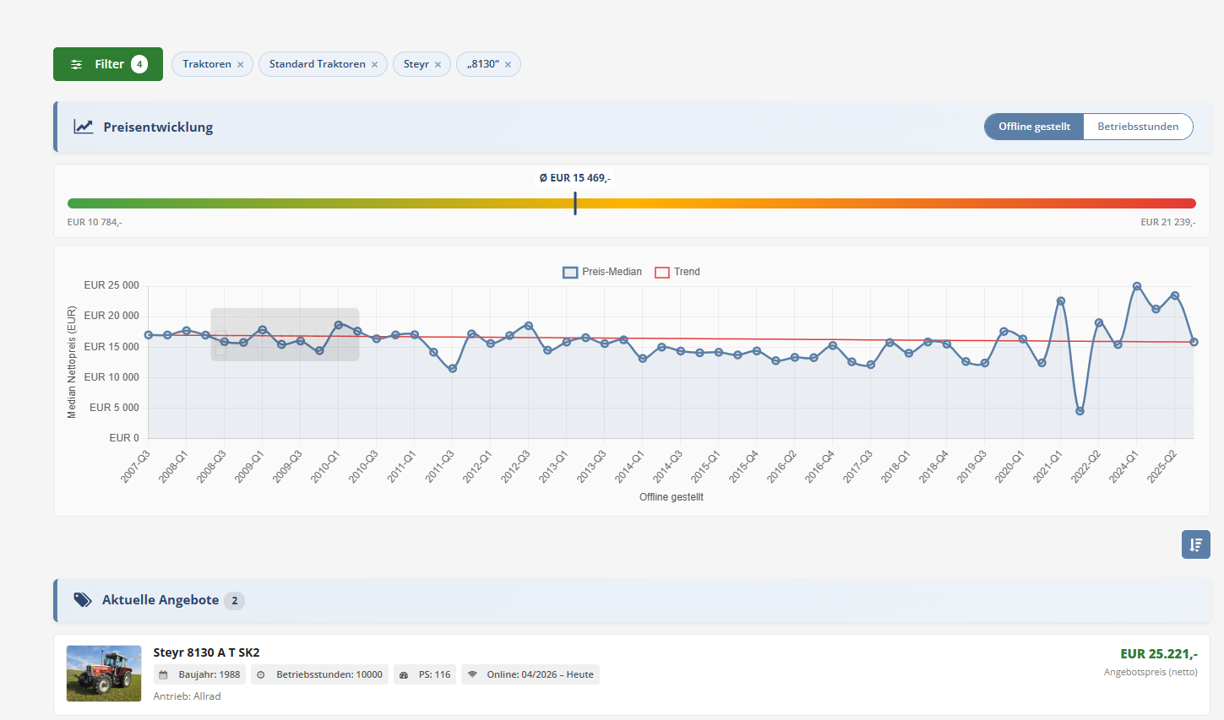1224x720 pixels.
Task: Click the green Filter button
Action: pyautogui.click(x=107, y=64)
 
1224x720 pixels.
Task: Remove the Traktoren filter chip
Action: pyautogui.click(x=241, y=64)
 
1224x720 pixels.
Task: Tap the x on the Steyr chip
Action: pyautogui.click(x=438, y=64)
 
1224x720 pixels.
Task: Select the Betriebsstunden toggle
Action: pyautogui.click(x=1138, y=127)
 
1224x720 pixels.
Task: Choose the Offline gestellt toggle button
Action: pyautogui.click(x=1034, y=127)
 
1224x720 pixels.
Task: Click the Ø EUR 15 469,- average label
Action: pyautogui.click(x=575, y=178)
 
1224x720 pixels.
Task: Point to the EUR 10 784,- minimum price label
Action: pyautogui.click(x=95, y=222)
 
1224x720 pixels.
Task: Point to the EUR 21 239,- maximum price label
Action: pyautogui.click(x=1168, y=222)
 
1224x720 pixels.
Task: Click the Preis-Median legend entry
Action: pyautogui.click(x=602, y=272)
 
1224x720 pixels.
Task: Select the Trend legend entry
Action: pyautogui.click(x=677, y=272)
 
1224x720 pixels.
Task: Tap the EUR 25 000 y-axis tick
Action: pyautogui.click(x=112, y=285)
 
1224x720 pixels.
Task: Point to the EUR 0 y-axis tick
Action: pyautogui.click(x=124, y=438)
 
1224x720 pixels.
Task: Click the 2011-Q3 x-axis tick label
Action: pyautogui.click(x=440, y=466)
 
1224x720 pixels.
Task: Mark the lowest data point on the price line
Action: pyautogui.click(x=1080, y=411)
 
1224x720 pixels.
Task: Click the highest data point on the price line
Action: pyautogui.click(x=1137, y=287)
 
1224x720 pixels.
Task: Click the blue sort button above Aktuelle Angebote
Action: pyautogui.click(x=1195, y=544)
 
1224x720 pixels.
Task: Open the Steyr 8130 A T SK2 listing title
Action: pyautogui.click(x=207, y=652)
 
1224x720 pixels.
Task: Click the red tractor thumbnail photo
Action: pyautogui.click(x=104, y=674)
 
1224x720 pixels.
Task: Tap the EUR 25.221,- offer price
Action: pyautogui.click(x=1158, y=654)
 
